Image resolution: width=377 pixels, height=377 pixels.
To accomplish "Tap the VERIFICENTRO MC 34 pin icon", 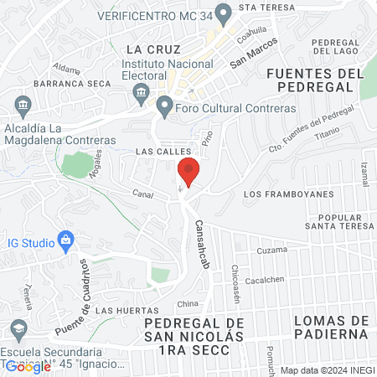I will pyautogui.click(x=223, y=14).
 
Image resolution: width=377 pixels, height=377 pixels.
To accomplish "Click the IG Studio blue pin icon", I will pyautogui.click(x=66, y=241).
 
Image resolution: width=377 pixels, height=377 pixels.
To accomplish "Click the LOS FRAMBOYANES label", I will pyautogui.click(x=287, y=194).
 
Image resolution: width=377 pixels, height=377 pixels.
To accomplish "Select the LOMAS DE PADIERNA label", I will pyautogui.click(x=330, y=327).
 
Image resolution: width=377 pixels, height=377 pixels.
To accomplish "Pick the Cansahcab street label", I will pyautogui.click(x=202, y=243).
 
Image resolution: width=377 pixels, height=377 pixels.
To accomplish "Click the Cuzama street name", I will pyautogui.click(x=271, y=250).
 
